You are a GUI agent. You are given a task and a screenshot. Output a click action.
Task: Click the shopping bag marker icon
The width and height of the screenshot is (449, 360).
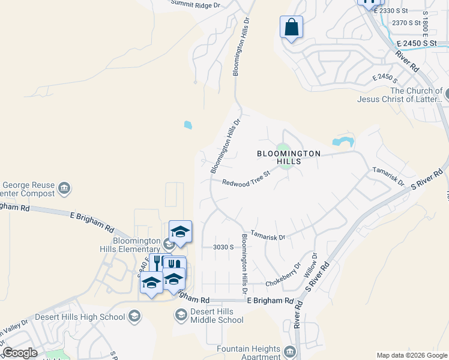click(291, 27)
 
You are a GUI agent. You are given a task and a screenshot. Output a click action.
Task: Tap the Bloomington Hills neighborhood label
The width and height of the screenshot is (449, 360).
click(289, 157)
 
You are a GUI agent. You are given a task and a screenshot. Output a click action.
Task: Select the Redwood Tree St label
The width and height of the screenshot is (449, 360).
click(246, 178)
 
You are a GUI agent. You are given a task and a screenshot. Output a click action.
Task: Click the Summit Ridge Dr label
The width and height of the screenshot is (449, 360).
click(196, 4)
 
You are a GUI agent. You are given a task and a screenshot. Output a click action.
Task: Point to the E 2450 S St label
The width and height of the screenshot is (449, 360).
click(419, 44)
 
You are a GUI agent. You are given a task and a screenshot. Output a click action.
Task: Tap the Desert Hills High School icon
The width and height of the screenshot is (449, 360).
click(135, 316)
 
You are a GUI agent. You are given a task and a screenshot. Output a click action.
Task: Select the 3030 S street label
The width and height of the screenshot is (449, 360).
click(223, 247)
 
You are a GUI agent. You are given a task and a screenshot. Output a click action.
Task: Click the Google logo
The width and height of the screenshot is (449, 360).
click(20, 353)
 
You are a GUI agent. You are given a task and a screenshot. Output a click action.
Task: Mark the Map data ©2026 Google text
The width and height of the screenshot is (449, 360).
click(412, 355)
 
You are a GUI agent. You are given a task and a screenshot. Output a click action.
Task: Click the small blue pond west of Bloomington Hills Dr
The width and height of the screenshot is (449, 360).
click(188, 125)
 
